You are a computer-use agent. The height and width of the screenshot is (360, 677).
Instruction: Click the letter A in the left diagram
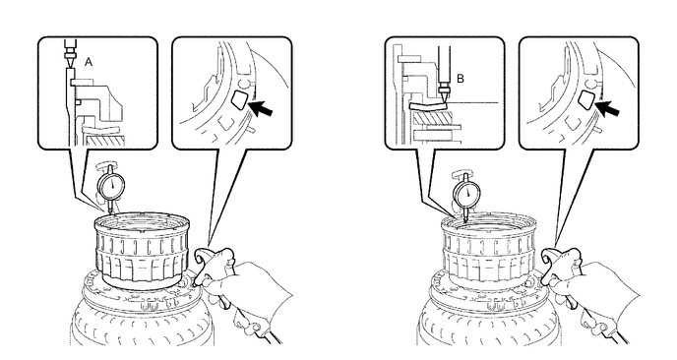click(x=89, y=62)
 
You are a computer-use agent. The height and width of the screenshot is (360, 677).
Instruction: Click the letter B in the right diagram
click(x=461, y=79)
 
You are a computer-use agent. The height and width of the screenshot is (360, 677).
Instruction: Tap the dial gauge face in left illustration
click(x=112, y=186)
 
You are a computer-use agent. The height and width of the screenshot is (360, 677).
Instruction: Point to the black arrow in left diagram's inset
click(x=261, y=107)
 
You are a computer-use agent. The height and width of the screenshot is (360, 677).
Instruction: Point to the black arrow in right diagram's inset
click(x=608, y=106)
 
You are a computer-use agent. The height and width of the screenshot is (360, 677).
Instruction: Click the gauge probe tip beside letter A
click(x=69, y=67)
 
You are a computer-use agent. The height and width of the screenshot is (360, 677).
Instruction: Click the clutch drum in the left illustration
click(x=142, y=250)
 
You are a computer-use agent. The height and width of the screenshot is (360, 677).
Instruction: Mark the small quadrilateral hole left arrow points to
click(x=239, y=99)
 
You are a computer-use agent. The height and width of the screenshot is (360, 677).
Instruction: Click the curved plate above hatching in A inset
click(x=100, y=130)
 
